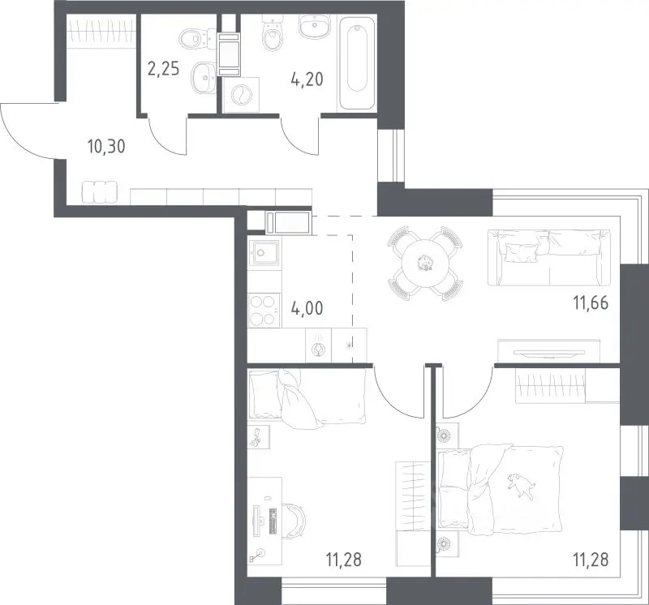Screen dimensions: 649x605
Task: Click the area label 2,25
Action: (x=164, y=68)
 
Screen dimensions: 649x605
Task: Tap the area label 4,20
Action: (x=307, y=79)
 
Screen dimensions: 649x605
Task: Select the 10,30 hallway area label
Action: (x=106, y=146)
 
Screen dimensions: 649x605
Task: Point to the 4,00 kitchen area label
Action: (x=307, y=308)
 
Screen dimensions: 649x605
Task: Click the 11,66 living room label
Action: (x=591, y=303)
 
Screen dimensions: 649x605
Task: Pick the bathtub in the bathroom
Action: (x=357, y=62)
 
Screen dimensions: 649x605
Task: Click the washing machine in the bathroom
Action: (x=240, y=95)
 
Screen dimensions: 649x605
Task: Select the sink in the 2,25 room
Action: (x=204, y=77)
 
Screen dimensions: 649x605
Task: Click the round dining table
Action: (x=425, y=264)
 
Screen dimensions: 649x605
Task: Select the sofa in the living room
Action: (x=549, y=257)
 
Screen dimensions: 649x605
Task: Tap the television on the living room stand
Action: (x=549, y=353)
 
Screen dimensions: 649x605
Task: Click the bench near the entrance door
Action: (x=100, y=193)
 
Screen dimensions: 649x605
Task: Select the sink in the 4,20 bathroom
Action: (x=315, y=26)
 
